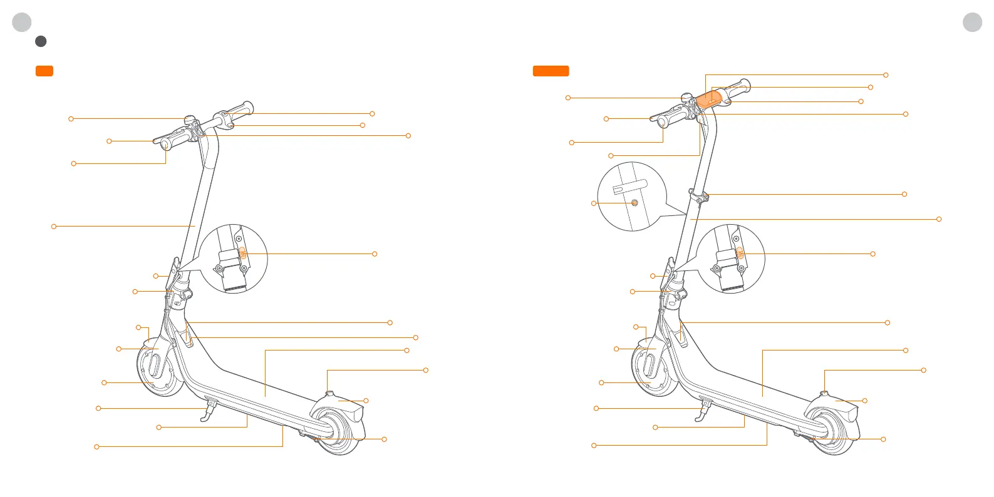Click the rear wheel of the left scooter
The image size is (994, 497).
[x=336, y=433]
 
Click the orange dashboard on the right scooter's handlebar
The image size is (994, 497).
[x=710, y=100]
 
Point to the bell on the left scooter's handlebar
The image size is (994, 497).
[x=189, y=120]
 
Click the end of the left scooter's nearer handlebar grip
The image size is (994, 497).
[x=166, y=145]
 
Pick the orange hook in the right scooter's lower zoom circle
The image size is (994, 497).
[x=740, y=254]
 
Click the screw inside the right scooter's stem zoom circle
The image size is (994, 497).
[x=634, y=203]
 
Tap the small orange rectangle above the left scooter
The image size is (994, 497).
[x=44, y=71]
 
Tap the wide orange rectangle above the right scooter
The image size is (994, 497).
[x=551, y=71]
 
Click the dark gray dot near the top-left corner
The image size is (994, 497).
[x=41, y=41]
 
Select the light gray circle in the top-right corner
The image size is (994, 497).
[x=972, y=23]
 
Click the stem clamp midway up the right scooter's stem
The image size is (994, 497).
[x=699, y=196]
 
